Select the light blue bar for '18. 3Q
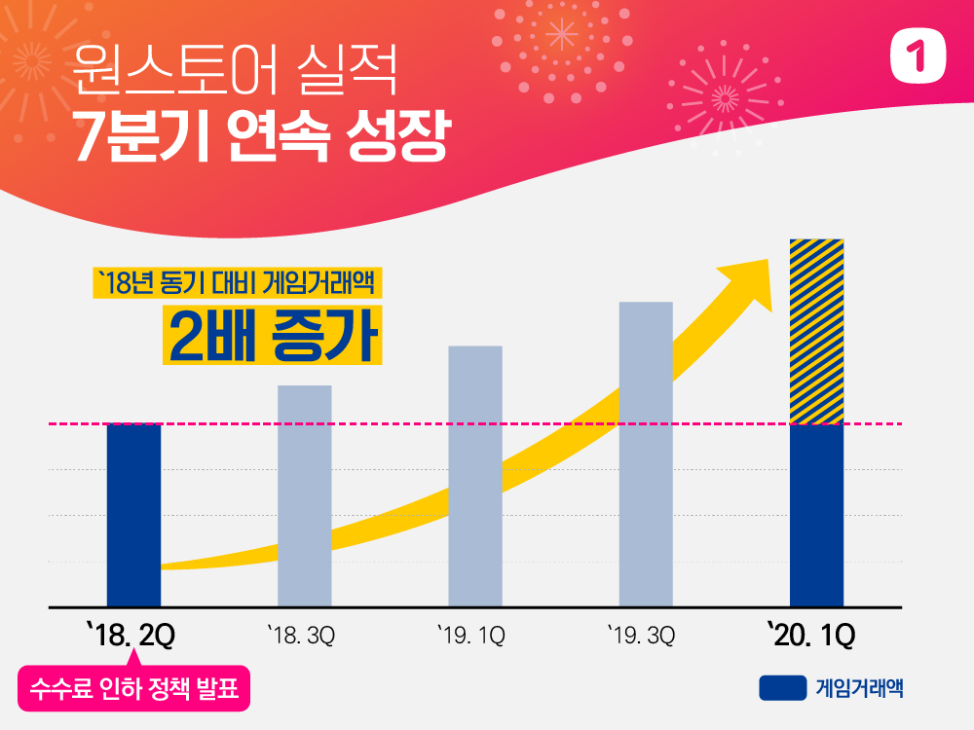[x=305, y=495]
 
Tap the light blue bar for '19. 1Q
[x=475, y=476]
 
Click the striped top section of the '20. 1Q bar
[x=816, y=331]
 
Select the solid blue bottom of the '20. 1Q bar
[x=816, y=515]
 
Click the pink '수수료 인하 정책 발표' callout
[x=134, y=689]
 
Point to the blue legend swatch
[x=783, y=687]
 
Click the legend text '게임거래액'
[x=859, y=687]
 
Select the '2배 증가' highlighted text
[x=272, y=336]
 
